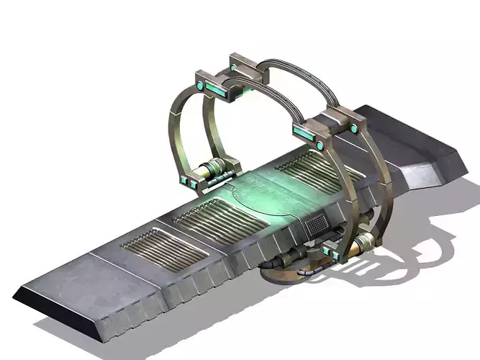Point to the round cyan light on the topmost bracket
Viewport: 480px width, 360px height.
click(x=234, y=68)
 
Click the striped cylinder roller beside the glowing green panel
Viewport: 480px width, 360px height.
click(x=213, y=173)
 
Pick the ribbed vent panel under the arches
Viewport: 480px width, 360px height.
click(x=309, y=176)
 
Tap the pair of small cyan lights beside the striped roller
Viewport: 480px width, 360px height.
click(x=189, y=181)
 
